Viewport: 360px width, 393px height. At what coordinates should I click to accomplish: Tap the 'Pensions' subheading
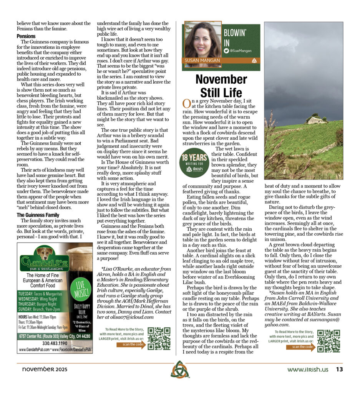point(26,36)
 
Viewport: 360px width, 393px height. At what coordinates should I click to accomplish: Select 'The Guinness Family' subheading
point(38,215)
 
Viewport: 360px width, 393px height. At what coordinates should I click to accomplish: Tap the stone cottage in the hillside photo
point(315,119)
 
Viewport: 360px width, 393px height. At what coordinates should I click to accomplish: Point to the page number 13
point(339,370)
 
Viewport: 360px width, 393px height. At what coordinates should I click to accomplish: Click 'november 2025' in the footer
point(42,370)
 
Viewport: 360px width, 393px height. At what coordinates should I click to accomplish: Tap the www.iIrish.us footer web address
point(308,370)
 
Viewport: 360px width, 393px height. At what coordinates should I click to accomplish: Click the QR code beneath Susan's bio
point(328,340)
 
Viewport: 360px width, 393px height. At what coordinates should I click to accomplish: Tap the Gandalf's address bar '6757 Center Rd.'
point(55,336)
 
